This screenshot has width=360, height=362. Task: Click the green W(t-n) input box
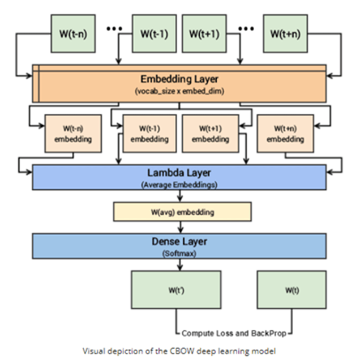click(x=73, y=33)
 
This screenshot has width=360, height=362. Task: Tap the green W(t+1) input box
click(x=204, y=33)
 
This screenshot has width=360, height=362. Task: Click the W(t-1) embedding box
click(x=145, y=134)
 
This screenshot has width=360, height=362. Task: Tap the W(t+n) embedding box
click(x=282, y=134)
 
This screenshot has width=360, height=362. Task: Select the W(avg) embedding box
click(x=182, y=212)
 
